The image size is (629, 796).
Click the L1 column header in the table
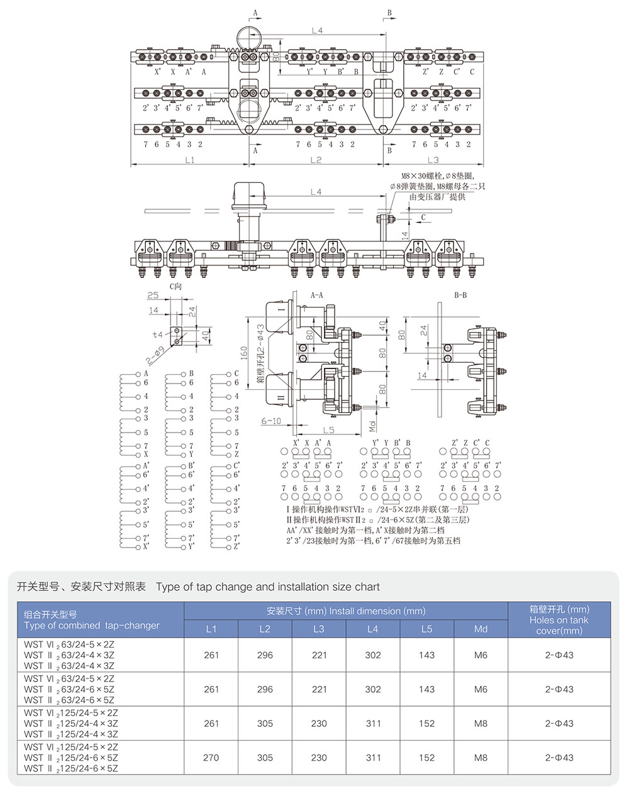[x=211, y=629]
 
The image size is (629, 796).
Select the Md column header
[x=481, y=629]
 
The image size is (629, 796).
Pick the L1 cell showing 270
[x=211, y=758]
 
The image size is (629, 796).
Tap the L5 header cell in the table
[x=426, y=629]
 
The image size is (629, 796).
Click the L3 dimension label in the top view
[x=433, y=160]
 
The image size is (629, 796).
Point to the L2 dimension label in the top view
[x=316, y=160]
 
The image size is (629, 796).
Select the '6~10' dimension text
[x=271, y=421]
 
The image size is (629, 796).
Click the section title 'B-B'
[x=460, y=294]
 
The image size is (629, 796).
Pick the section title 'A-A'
[x=318, y=294]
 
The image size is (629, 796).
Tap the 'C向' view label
[x=175, y=286]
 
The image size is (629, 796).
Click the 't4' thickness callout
[x=157, y=334]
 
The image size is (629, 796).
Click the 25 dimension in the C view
[x=153, y=296]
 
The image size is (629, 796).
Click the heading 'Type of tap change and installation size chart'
[x=268, y=587]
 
